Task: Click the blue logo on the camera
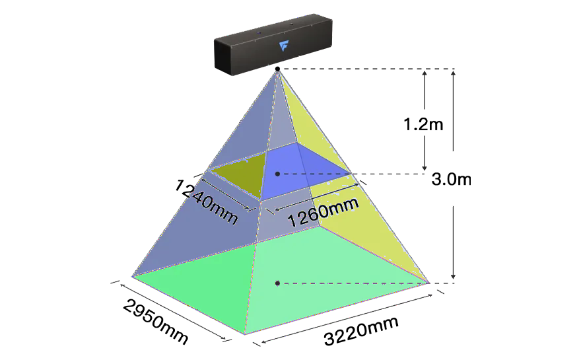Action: click(x=285, y=46)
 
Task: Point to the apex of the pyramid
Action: click(x=278, y=71)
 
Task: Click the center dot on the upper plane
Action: click(x=278, y=174)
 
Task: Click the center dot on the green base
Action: click(x=278, y=283)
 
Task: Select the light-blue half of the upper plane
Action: click(x=304, y=172)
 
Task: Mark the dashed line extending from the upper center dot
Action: click(x=357, y=174)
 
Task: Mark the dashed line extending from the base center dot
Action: click(x=363, y=283)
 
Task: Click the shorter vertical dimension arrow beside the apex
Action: click(x=425, y=119)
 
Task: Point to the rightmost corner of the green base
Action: click(x=430, y=282)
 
